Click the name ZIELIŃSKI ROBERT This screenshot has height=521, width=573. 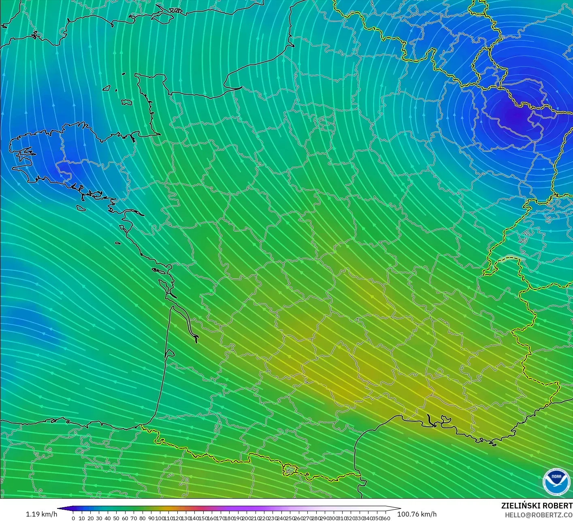537,506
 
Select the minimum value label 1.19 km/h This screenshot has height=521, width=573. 41,514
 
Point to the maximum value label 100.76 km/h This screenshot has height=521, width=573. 417,514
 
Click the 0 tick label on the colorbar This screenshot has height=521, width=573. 73,518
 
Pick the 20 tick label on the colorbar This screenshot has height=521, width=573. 90,518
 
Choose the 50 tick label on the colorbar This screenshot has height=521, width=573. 116,518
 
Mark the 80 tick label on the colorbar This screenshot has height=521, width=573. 142,518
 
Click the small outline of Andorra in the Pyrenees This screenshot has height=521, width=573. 289,470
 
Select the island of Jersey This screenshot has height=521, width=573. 127,102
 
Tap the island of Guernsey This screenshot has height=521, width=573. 107,88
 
